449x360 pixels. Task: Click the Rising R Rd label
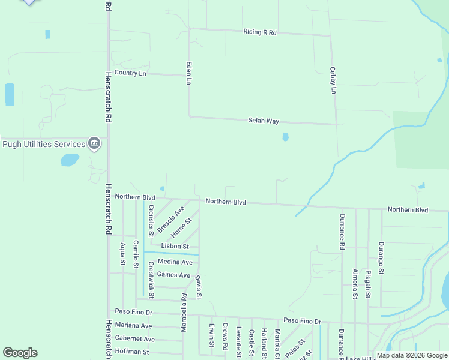[259, 32]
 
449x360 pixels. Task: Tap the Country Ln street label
[130, 73]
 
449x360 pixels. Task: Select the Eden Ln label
[188, 73]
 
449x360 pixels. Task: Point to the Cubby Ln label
[333, 80]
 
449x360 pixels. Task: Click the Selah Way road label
[264, 121]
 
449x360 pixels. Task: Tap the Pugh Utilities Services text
[44, 144]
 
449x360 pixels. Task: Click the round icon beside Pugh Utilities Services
[94, 143]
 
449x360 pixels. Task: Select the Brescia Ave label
[170, 220]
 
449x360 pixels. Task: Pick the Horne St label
[181, 227]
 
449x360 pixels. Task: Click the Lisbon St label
[175, 247]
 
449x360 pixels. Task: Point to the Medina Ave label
[175, 262]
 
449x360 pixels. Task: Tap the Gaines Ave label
[173, 275]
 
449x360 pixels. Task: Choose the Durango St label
[381, 257]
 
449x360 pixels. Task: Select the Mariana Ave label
[134, 325]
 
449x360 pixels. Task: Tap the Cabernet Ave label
[134, 338]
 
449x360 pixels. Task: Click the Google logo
[20, 353]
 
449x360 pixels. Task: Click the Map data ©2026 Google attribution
[412, 355]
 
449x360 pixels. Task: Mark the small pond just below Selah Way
[285, 137]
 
